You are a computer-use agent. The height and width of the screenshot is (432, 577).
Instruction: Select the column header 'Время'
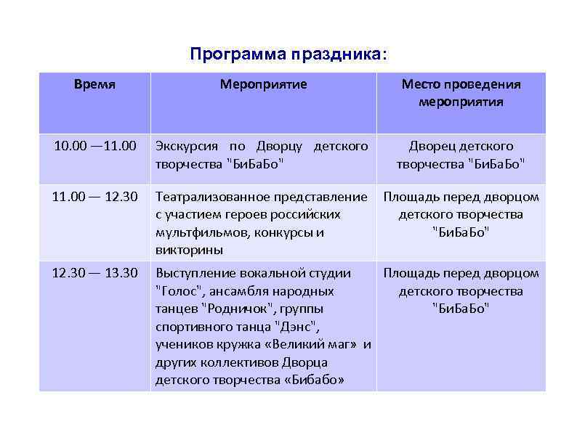[94, 84]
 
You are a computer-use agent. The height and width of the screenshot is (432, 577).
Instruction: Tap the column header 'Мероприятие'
[263, 84]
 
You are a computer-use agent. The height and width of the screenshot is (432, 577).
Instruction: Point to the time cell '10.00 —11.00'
[94, 146]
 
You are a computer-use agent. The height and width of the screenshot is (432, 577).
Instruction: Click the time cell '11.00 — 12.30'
[94, 197]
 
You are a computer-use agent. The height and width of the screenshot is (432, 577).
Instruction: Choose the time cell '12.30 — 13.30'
[94, 273]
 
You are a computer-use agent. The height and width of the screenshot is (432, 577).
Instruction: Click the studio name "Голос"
[177, 291]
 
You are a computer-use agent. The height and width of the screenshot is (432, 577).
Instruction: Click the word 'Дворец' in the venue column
[431, 146]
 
